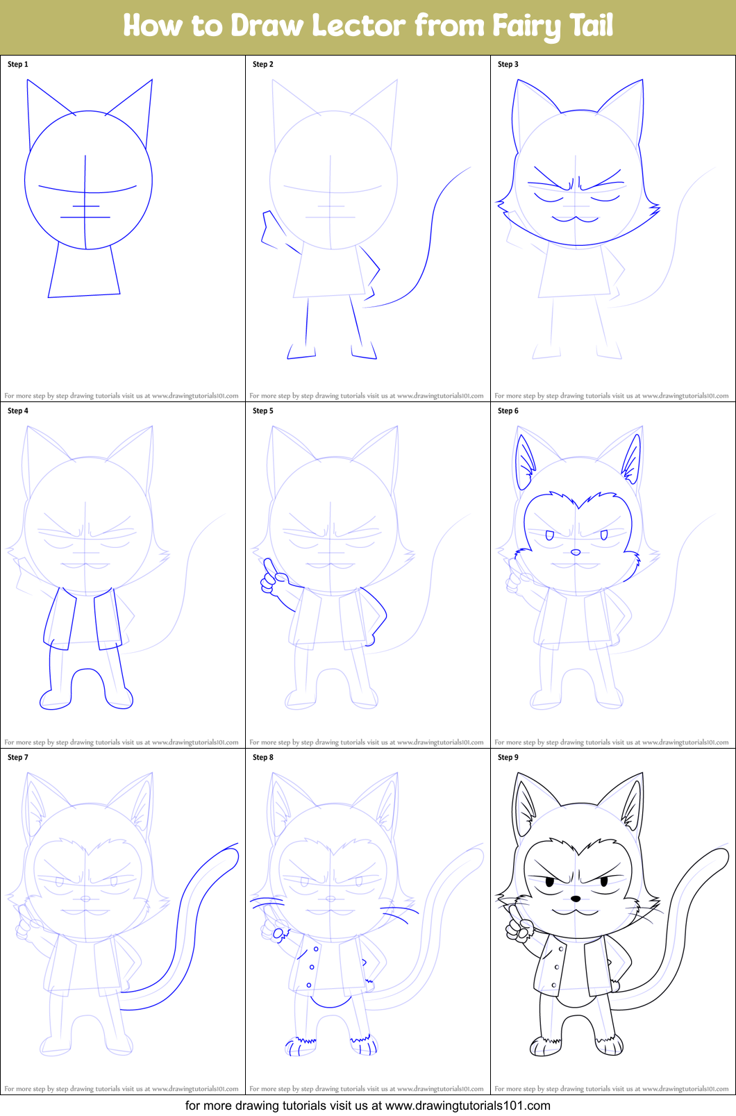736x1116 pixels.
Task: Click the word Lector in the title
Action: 358,26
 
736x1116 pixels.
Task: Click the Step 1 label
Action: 18,64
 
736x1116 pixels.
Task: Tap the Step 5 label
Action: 263,410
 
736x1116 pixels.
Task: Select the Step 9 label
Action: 508,757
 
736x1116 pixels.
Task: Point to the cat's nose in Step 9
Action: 576,899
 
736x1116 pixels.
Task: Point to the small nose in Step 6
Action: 576,553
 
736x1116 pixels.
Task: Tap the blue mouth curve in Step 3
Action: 575,219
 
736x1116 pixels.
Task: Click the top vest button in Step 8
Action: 316,949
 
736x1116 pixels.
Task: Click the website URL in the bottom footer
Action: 467,1105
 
